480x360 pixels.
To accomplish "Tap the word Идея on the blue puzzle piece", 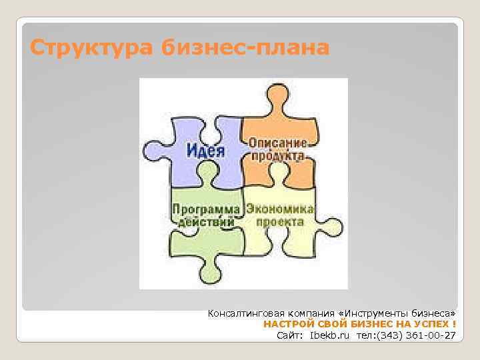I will click(x=205, y=150).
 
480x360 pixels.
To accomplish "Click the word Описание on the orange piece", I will click(x=278, y=143).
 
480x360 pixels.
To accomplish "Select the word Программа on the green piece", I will click(x=207, y=209).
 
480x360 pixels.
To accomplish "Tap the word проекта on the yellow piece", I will click(x=280, y=221).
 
